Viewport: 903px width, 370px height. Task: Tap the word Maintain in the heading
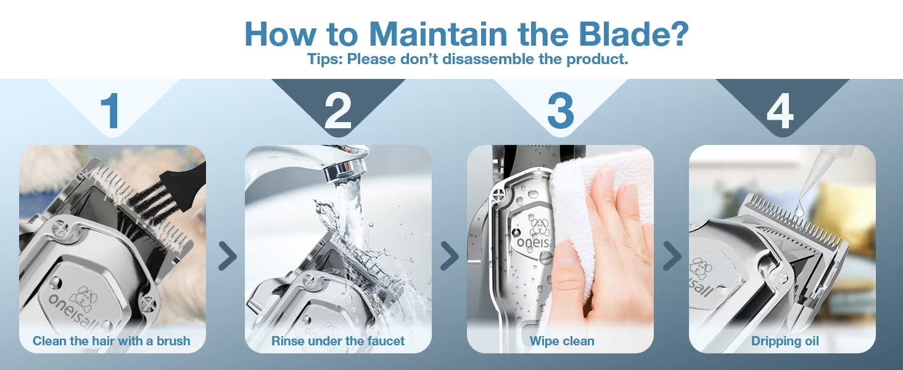[x=438, y=34]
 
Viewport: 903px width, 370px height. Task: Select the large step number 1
[x=110, y=111]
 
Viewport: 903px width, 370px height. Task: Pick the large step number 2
[x=338, y=111]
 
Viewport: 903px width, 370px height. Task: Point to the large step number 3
[x=560, y=111]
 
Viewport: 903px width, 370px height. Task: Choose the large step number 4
[x=780, y=111]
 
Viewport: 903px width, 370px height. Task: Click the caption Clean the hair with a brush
[x=111, y=341]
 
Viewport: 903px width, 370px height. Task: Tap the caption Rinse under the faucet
[x=338, y=341]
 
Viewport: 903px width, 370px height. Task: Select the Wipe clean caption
[x=562, y=341]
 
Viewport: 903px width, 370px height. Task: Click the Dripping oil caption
[x=785, y=342]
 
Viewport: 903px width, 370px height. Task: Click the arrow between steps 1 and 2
[x=228, y=255]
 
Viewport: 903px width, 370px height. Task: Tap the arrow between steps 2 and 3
[x=450, y=255]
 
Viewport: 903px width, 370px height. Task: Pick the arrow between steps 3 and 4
[x=672, y=255]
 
